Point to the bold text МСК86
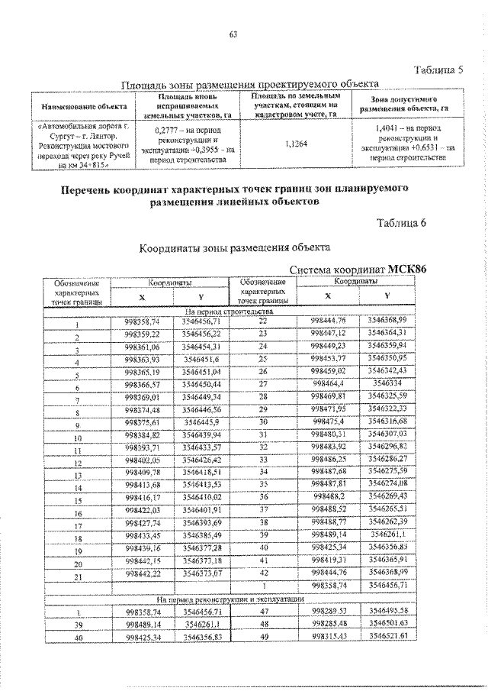(408, 269)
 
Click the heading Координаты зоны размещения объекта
(234, 248)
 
